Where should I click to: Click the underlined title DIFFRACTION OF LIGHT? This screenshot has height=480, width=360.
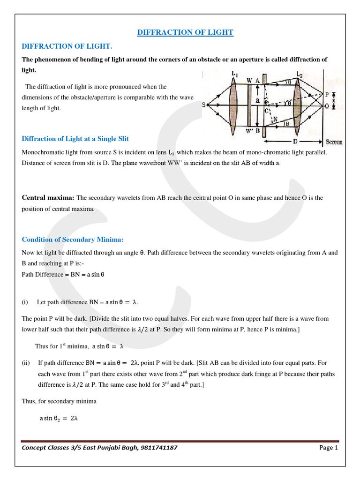[185, 32]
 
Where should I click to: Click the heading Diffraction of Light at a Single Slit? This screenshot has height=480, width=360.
[75, 139]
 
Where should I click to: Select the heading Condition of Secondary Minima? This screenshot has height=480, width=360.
[73, 240]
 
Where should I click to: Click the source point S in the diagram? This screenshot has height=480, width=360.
[204, 105]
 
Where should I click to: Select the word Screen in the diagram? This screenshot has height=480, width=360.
[333, 142]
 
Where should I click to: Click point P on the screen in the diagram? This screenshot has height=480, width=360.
[327, 94]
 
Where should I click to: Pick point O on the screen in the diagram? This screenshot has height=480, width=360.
[327, 106]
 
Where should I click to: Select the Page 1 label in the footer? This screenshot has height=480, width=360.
[329, 448]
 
